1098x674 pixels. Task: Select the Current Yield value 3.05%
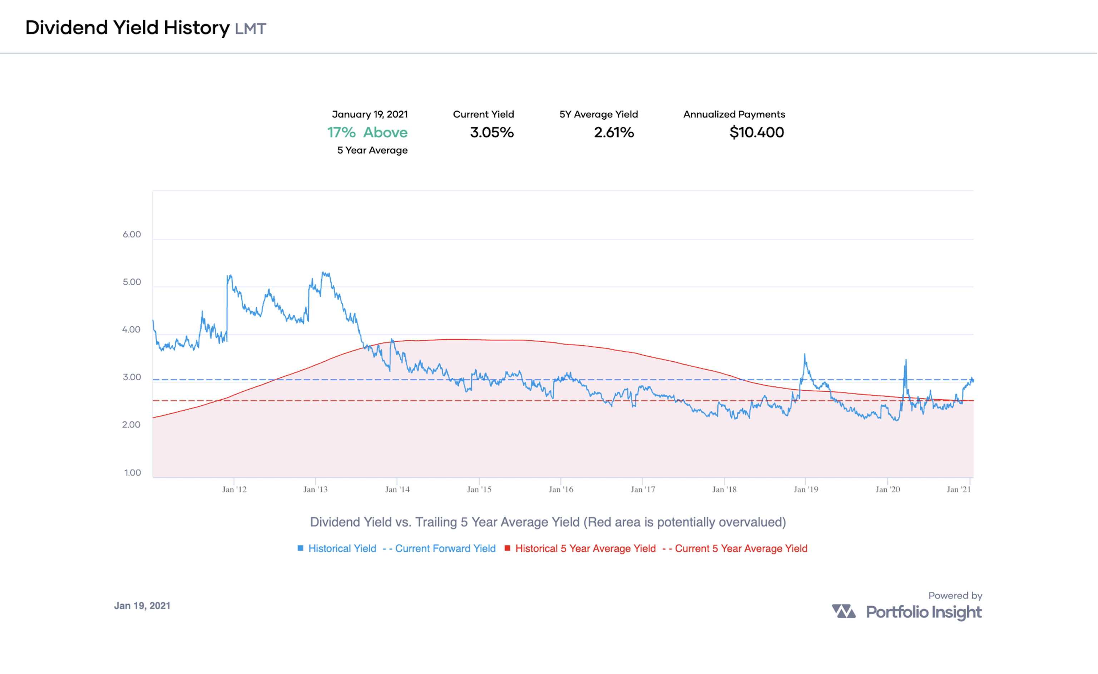[491, 132]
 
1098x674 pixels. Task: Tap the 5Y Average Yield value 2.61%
[614, 132]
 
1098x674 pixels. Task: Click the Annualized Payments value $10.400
[756, 132]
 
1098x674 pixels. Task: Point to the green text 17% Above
[367, 132]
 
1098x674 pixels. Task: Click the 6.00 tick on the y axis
[132, 235]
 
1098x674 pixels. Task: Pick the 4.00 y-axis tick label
[131, 329]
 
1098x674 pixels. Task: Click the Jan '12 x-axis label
[234, 490]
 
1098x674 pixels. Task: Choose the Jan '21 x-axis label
[958, 490]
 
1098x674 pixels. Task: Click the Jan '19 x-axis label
[806, 490]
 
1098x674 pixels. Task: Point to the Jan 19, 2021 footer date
[142, 606]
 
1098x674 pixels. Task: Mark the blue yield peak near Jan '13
[325, 273]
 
